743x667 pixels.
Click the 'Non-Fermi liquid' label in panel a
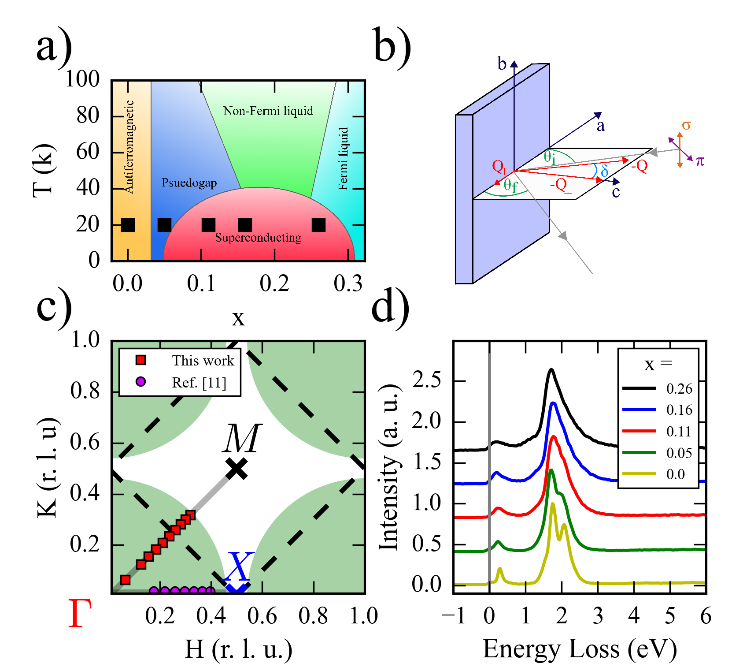[268, 111]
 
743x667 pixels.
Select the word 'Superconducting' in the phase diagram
[258, 238]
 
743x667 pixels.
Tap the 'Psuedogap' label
[189, 183]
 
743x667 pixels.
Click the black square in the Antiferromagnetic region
[128, 225]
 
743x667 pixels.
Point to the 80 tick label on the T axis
[88, 116]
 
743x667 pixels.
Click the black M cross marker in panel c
[237, 468]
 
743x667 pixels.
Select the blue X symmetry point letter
[238, 566]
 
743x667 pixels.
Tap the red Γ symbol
[80, 614]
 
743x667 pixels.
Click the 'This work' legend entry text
[203, 361]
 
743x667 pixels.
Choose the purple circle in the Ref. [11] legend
[140, 382]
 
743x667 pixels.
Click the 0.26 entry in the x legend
[679, 389]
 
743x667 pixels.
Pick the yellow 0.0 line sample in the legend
[639, 474]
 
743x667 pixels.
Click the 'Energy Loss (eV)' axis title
[580, 649]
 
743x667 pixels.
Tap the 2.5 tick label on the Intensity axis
[426, 380]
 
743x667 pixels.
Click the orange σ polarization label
[686, 126]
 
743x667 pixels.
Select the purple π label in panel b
[700, 161]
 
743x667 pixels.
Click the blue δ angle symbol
[604, 171]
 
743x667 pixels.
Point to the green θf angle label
[510, 186]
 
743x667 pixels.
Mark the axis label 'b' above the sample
[502, 64]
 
